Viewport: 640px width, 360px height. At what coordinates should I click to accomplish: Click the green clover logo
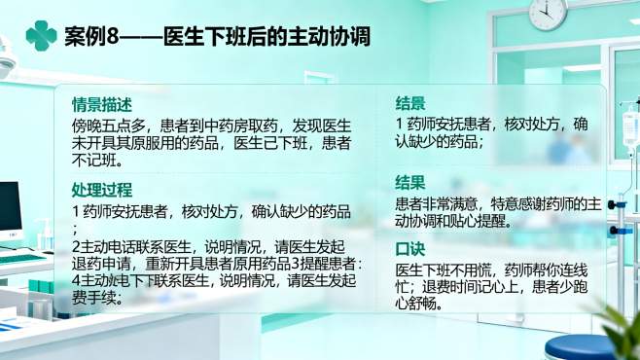42,36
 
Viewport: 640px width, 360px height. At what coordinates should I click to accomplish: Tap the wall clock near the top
549,11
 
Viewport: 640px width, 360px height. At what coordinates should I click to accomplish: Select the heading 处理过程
102,189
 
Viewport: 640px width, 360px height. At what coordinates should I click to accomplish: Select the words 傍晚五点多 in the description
105,126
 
